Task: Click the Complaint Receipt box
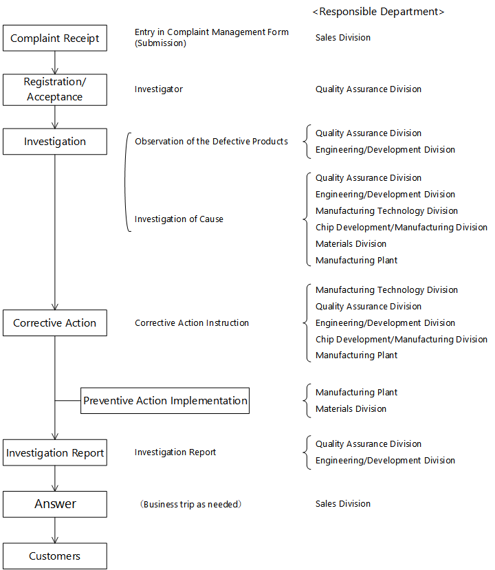click(x=55, y=39)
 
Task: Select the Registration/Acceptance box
click(x=55, y=90)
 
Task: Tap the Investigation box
click(x=55, y=142)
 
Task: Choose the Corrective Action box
click(x=55, y=322)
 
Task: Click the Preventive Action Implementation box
click(x=165, y=401)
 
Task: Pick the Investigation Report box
click(x=55, y=452)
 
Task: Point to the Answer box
click(x=55, y=504)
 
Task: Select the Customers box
click(x=55, y=556)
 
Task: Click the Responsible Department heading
click(x=378, y=12)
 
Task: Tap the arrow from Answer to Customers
click(x=55, y=530)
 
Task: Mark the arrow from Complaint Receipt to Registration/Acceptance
click(x=55, y=63)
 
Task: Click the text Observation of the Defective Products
click(x=211, y=141)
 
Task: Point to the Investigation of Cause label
click(x=179, y=219)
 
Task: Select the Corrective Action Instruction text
click(x=192, y=322)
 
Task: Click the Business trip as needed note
click(x=191, y=504)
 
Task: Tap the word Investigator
click(x=158, y=89)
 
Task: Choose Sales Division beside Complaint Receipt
click(x=343, y=37)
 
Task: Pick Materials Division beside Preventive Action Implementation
click(x=351, y=408)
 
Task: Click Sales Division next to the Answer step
click(x=343, y=503)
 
